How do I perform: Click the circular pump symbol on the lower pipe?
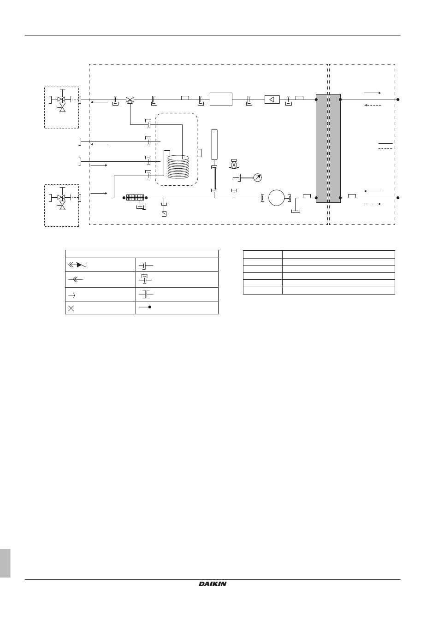click(x=276, y=198)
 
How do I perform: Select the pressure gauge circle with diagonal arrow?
click(x=258, y=177)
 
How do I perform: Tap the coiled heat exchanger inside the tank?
click(x=178, y=167)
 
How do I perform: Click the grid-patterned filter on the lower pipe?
click(x=135, y=198)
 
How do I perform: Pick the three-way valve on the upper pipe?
click(x=130, y=100)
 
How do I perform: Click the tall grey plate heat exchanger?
click(x=328, y=148)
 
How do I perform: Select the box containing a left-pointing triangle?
click(x=272, y=100)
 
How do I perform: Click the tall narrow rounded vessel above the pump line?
click(x=214, y=145)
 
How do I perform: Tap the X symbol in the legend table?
click(x=71, y=308)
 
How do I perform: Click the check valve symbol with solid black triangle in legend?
click(x=77, y=265)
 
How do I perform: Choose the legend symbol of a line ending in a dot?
click(x=145, y=307)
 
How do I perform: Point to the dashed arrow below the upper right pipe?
click(x=373, y=105)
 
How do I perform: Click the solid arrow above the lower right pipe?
click(x=373, y=191)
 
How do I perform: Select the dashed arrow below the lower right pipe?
click(x=373, y=204)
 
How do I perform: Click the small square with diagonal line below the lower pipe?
click(x=164, y=214)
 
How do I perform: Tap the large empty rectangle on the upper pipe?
click(x=221, y=99)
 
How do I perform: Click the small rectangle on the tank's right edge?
click(x=200, y=153)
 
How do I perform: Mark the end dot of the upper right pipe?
click(x=398, y=100)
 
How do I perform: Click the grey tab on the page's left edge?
click(x=5, y=563)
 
